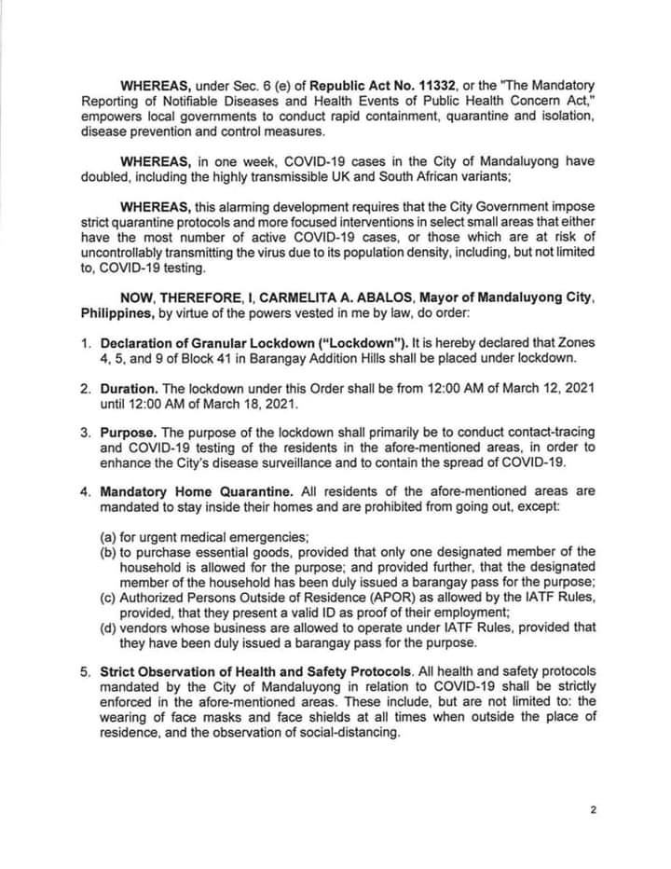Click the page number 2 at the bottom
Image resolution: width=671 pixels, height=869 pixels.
point(593,810)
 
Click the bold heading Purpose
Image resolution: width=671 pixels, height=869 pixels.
point(128,433)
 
